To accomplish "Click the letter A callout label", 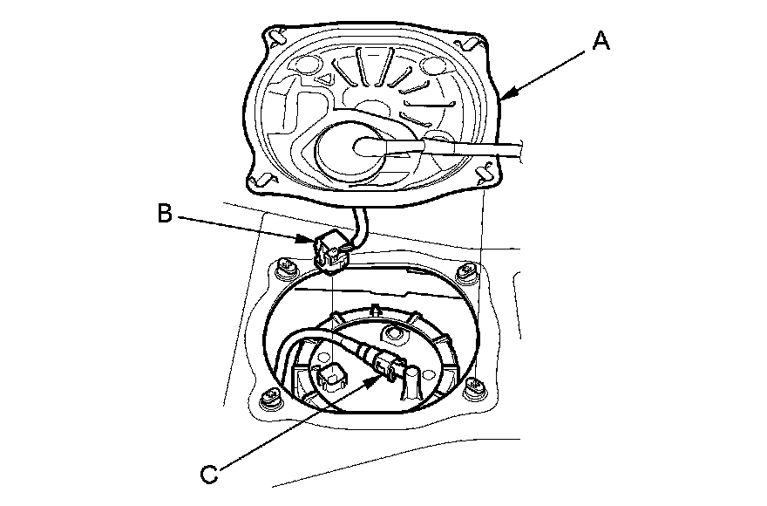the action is coord(600,39).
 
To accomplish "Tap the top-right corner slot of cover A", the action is coord(464,42).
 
